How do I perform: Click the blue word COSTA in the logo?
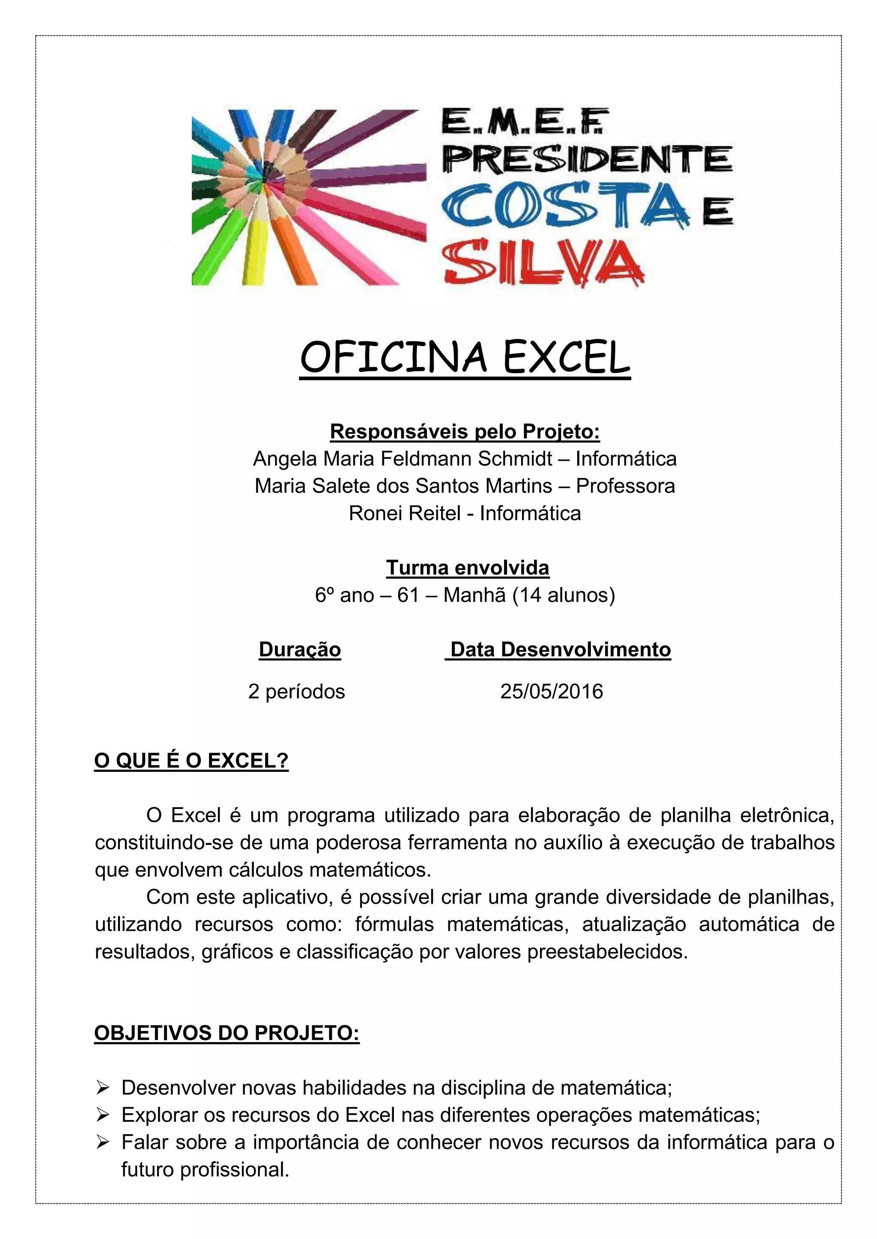(x=564, y=206)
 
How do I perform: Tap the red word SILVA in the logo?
(x=542, y=264)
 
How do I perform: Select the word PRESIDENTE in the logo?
(x=587, y=159)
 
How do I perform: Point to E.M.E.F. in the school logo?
(x=525, y=121)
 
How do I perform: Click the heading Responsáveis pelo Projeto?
(x=465, y=432)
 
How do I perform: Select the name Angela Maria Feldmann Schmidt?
(x=403, y=459)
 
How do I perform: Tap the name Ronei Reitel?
(x=405, y=513)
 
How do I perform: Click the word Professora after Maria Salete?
(x=625, y=486)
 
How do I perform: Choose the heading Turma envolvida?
(x=468, y=568)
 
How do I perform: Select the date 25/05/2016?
(x=552, y=691)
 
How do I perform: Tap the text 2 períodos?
(x=296, y=691)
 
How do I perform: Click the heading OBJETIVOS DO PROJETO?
(x=227, y=1033)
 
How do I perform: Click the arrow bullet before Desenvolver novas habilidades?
(x=103, y=1088)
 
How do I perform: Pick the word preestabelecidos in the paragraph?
(x=607, y=951)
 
